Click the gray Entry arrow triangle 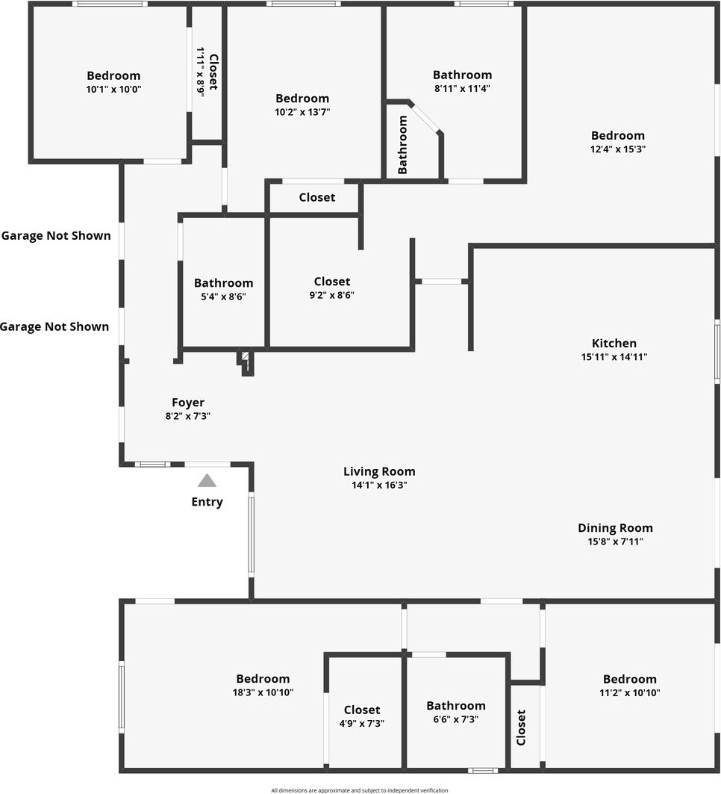click(x=207, y=481)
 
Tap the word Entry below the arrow click(x=207, y=502)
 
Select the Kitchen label click(x=614, y=344)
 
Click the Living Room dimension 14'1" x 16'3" click(x=379, y=485)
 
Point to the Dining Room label click(x=615, y=528)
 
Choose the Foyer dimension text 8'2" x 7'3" click(x=188, y=416)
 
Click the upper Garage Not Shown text click(x=56, y=236)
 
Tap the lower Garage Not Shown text click(x=54, y=326)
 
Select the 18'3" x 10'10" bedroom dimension click(x=263, y=692)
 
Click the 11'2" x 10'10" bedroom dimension click(x=630, y=692)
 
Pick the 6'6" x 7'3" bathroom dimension click(x=456, y=719)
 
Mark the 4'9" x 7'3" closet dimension click(x=362, y=723)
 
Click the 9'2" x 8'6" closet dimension click(x=332, y=295)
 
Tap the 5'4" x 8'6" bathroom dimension click(x=223, y=297)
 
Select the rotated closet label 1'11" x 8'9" click(x=201, y=71)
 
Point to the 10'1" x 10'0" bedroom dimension click(x=113, y=89)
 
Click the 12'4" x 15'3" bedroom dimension click(x=618, y=149)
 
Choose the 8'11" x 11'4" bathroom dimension click(x=463, y=88)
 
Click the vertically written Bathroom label click(x=403, y=144)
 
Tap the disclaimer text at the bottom click(x=360, y=790)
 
